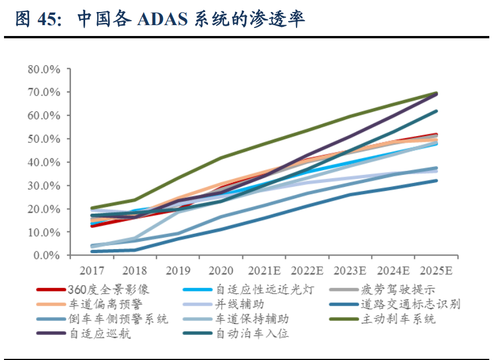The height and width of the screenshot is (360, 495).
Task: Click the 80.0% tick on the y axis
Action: click(45, 69)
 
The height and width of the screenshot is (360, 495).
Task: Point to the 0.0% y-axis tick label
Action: click(47, 255)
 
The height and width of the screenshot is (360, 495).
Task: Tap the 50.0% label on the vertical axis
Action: click(45, 139)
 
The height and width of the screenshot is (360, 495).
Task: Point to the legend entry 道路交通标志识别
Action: click(410, 304)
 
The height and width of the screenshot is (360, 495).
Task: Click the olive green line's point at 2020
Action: click(221, 157)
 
